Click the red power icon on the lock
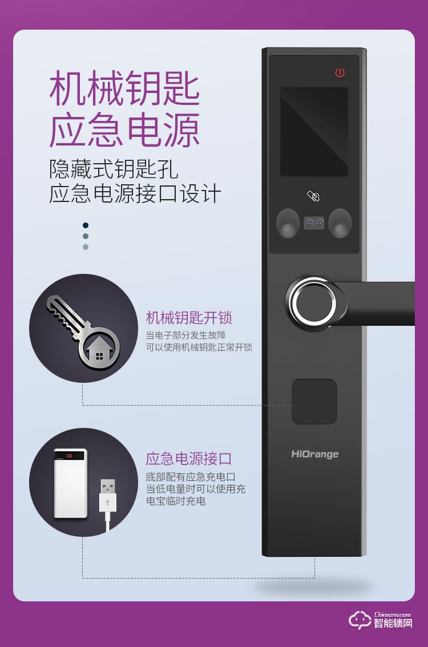coord(340,72)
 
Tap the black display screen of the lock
coord(314,132)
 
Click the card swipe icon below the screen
coord(313,196)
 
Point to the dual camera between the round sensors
coord(314,223)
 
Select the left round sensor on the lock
coord(288,223)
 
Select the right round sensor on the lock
coord(340,223)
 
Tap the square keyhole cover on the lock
coord(314,402)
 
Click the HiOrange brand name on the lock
coord(315,454)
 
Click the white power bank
coord(71,483)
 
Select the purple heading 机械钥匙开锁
coord(189,318)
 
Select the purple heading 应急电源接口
coord(189,459)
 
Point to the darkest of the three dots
coord(86,225)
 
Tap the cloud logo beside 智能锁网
coord(360,620)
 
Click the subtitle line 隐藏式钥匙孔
coord(114,169)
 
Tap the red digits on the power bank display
coord(69,455)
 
